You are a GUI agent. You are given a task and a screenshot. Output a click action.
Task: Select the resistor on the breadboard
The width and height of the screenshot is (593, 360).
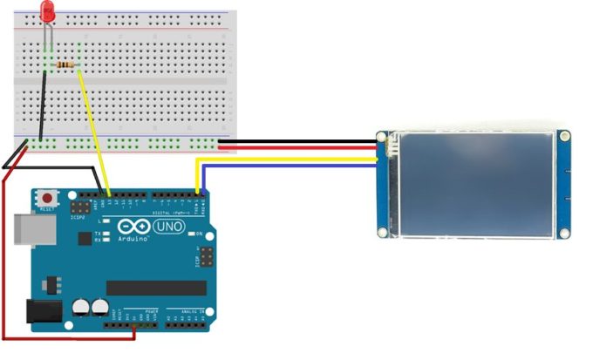[65, 65]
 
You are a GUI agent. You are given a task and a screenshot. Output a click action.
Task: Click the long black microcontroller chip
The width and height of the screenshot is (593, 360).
[156, 288]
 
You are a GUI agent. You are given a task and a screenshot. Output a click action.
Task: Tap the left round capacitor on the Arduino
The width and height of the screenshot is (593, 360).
[82, 307]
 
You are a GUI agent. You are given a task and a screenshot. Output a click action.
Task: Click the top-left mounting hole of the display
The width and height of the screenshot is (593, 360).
[382, 137]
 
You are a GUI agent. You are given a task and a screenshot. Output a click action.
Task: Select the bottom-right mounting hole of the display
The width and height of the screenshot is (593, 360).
[564, 232]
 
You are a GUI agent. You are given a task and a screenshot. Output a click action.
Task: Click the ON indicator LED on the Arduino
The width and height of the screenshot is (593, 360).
[193, 234]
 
